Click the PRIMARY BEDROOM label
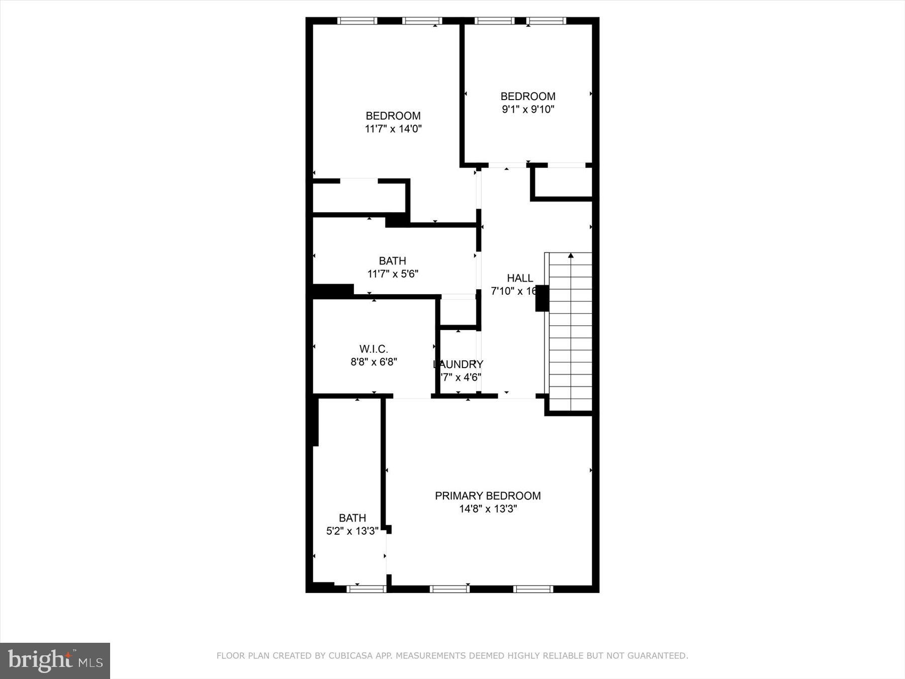(x=488, y=496)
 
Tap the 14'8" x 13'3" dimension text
(x=488, y=509)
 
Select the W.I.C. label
(x=374, y=349)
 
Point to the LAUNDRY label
(x=459, y=364)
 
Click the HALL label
(x=520, y=278)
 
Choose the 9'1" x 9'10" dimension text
(x=528, y=109)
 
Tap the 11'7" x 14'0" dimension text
(x=393, y=129)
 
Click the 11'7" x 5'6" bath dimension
(x=393, y=274)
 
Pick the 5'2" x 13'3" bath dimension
(x=352, y=531)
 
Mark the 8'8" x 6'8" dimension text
(x=374, y=362)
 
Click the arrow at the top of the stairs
(x=571, y=256)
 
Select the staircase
(x=570, y=332)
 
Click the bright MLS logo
(x=55, y=660)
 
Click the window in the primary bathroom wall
(x=366, y=589)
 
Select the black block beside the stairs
(x=541, y=298)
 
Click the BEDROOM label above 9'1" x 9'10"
(x=528, y=96)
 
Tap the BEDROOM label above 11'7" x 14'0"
(x=393, y=116)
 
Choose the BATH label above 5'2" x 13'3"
(x=352, y=518)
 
